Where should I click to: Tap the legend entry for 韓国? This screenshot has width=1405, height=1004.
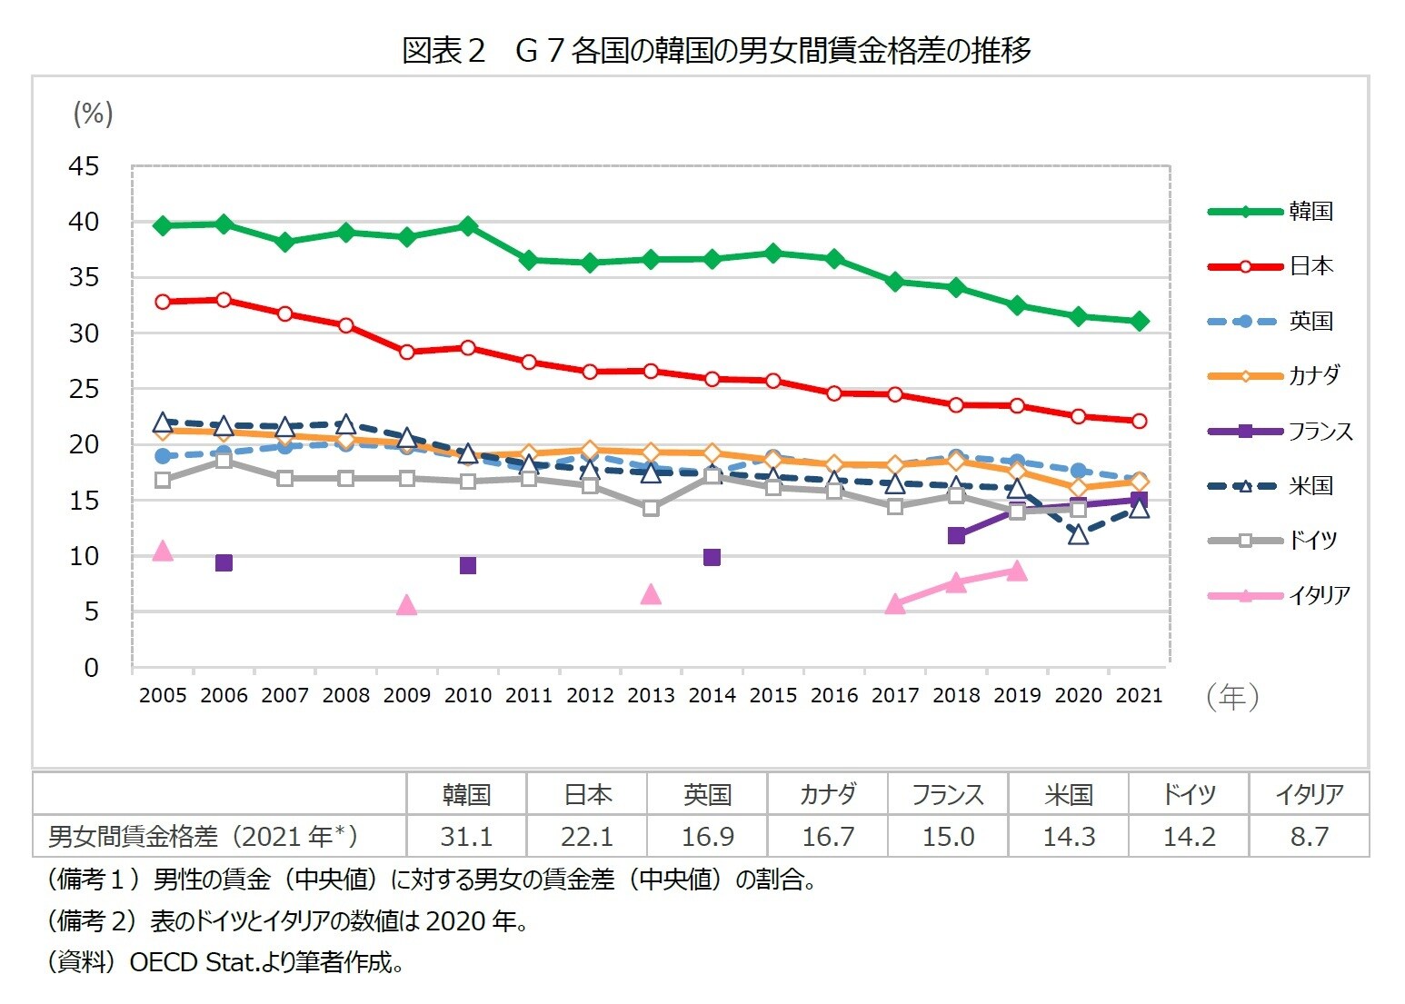pyautogui.click(x=1310, y=212)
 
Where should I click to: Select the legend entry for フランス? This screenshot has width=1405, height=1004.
pyautogui.click(x=1320, y=432)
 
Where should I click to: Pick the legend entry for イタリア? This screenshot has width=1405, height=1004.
pyautogui.click(x=1319, y=596)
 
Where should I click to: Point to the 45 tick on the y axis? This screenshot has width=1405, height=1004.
pyautogui.click(x=84, y=167)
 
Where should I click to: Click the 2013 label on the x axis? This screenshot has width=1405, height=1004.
pyautogui.click(x=651, y=696)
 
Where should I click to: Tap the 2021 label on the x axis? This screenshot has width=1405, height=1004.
pyautogui.click(x=1139, y=696)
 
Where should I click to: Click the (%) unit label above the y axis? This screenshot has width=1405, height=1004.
pyautogui.click(x=93, y=114)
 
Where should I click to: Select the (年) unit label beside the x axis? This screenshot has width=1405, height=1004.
pyautogui.click(x=1232, y=697)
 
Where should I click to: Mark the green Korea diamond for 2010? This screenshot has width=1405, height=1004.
pyautogui.click(x=468, y=225)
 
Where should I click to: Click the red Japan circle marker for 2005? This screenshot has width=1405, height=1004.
pyautogui.click(x=163, y=302)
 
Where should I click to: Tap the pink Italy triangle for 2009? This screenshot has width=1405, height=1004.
pyautogui.click(x=407, y=605)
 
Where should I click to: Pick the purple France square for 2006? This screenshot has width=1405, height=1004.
pyautogui.click(x=224, y=563)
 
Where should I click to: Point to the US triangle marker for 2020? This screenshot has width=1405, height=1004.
pyautogui.click(x=1078, y=534)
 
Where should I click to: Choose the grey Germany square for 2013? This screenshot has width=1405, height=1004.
pyautogui.click(x=651, y=508)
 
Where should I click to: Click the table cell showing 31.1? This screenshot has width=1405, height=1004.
pyautogui.click(x=466, y=836)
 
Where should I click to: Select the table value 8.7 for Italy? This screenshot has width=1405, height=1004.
pyautogui.click(x=1309, y=836)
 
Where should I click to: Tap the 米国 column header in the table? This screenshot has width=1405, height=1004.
pyautogui.click(x=1069, y=795)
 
